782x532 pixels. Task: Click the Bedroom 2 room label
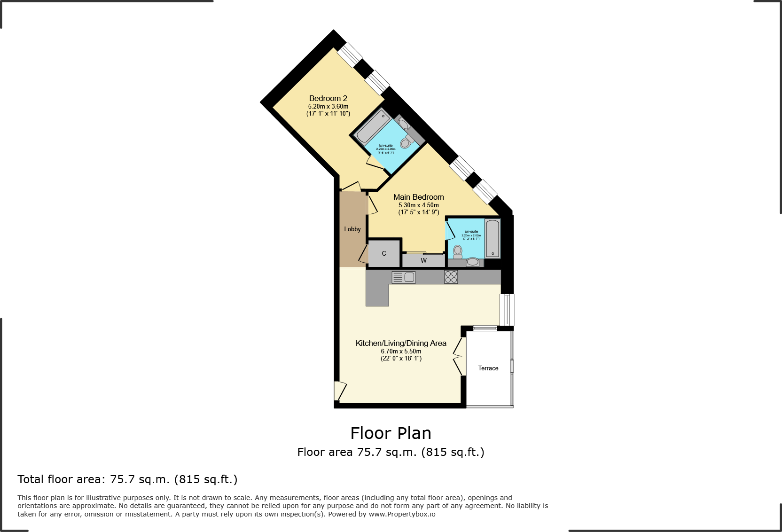click(328, 98)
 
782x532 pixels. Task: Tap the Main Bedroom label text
click(418, 197)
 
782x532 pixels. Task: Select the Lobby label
click(352, 229)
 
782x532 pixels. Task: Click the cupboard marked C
click(384, 253)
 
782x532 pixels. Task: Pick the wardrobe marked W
click(423, 260)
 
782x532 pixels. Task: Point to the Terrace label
click(488, 368)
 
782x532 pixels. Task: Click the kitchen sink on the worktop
click(404, 277)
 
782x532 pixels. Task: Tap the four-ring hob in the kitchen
click(451, 277)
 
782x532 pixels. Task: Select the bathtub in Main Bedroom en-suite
click(493, 238)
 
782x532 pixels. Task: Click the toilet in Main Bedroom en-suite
click(457, 252)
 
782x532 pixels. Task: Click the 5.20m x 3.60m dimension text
click(328, 106)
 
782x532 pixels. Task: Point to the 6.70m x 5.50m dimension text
click(401, 351)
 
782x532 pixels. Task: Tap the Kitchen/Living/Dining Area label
click(401, 343)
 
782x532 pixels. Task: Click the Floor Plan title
click(391, 433)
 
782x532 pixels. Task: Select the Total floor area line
click(127, 479)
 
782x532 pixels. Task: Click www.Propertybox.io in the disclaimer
click(402, 514)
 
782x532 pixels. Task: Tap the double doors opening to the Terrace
click(459, 356)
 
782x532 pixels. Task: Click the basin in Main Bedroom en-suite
click(473, 262)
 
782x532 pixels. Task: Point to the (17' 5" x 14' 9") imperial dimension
click(418, 212)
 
